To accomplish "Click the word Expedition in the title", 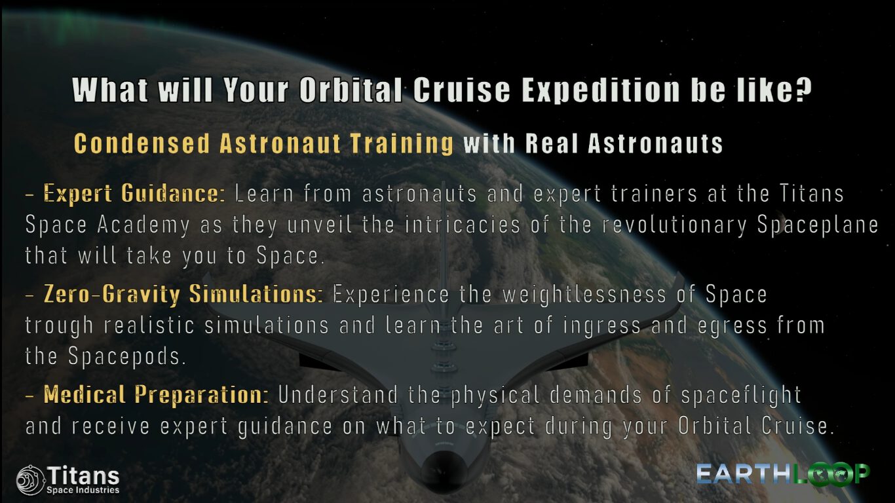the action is click(601, 90).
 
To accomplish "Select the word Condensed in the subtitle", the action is click(142, 143).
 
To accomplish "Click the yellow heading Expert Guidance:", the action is click(134, 194).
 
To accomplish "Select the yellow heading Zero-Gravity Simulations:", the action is click(183, 295).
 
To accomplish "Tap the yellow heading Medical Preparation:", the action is click(156, 395).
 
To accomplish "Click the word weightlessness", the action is click(584, 295).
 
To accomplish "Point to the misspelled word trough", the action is click(59, 326).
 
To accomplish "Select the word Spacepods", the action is click(127, 356).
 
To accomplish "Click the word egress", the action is click(733, 326).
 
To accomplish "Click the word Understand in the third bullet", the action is click(339, 395).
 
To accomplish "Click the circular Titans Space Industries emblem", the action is click(31, 480).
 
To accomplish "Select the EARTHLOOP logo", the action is click(783, 475).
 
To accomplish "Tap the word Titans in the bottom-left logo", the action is click(83, 475).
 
